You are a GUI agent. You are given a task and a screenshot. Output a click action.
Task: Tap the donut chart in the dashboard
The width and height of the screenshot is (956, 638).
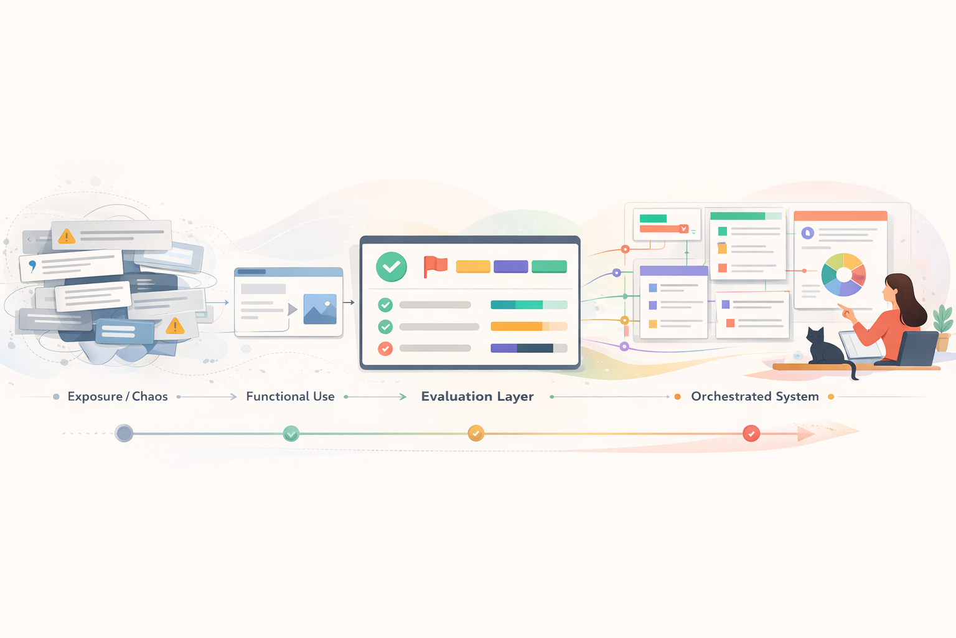point(843,274)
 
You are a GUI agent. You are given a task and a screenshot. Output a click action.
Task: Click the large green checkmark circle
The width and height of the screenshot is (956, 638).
point(391,267)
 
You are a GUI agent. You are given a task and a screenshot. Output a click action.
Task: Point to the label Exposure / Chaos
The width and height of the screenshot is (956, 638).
point(118,396)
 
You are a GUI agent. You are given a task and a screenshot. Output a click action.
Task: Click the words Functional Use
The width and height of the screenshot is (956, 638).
point(290,396)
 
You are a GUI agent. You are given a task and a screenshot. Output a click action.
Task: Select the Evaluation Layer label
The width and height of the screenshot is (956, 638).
point(477,396)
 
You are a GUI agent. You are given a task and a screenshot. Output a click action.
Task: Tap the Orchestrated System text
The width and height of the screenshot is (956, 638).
point(754,396)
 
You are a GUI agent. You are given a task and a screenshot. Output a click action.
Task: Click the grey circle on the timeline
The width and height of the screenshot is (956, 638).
point(124,433)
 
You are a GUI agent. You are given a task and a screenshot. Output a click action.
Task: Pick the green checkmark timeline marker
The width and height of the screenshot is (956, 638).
point(291,434)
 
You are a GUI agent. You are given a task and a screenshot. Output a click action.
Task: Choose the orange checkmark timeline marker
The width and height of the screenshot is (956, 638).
point(476,433)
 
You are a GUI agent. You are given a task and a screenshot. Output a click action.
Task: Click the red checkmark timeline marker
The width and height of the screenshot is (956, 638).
point(751,433)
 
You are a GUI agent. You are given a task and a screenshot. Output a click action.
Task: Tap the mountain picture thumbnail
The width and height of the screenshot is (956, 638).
point(320,309)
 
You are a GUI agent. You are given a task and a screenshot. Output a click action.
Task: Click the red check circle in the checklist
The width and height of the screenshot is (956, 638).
point(385,349)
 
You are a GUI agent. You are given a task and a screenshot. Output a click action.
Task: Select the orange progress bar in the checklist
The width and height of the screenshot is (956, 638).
point(529,326)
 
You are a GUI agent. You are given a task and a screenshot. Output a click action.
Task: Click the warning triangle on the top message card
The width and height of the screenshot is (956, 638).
point(67,236)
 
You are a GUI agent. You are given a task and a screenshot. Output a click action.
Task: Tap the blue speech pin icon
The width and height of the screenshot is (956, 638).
point(32,266)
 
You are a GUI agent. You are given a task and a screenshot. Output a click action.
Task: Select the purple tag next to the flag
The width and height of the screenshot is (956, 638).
point(510,267)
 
